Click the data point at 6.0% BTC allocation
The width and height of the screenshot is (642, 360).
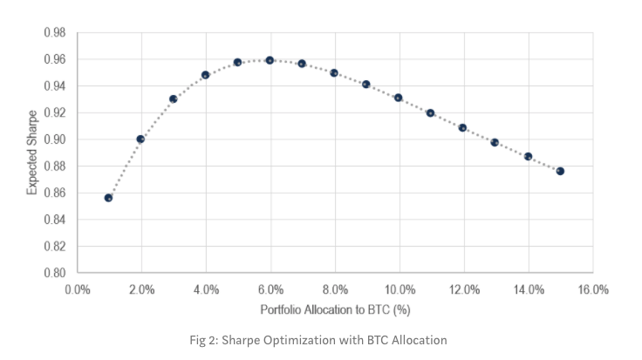coord(270,60)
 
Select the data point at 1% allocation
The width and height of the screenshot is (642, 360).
coord(108,198)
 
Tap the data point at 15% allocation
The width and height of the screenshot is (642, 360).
coord(560,171)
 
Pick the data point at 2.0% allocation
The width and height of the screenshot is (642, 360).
coord(140,139)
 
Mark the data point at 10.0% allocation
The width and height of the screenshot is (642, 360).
coord(399,98)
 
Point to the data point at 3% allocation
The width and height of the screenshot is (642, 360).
coord(173,99)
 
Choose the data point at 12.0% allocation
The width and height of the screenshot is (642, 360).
coord(463,127)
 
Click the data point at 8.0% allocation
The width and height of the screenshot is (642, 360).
coord(334,73)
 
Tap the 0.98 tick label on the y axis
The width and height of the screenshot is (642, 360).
coord(54,33)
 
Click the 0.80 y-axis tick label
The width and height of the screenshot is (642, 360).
coord(54,273)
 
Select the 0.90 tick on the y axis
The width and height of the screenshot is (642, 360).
coord(54,139)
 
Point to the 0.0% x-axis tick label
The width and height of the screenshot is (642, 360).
coord(77,289)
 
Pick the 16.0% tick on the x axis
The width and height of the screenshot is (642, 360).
coord(592,289)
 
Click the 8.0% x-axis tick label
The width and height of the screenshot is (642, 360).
coord(334,289)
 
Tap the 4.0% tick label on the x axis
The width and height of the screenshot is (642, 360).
coord(206,289)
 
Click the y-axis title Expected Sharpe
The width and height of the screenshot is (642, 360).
coord(32,153)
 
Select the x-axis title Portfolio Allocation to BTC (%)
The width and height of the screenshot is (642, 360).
coord(334,309)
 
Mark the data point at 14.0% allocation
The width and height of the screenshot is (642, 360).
coord(528,156)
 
